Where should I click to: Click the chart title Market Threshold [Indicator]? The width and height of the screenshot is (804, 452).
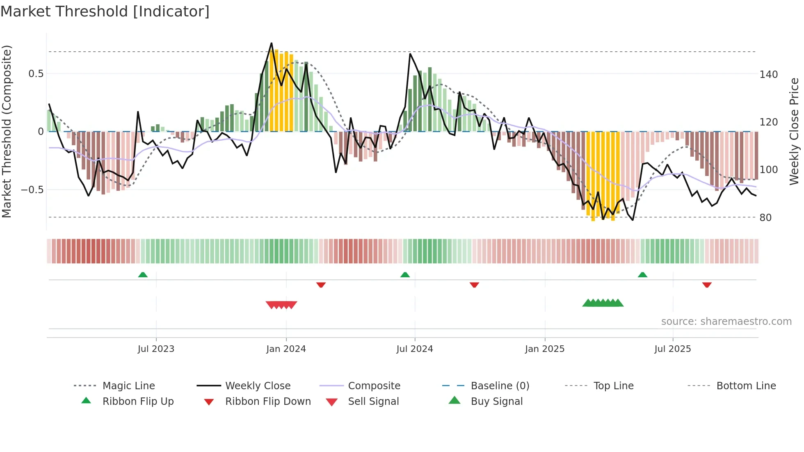(105, 11)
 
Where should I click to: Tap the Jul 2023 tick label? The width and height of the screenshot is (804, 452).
(156, 349)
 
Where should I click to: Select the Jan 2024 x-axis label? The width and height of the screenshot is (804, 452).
(286, 349)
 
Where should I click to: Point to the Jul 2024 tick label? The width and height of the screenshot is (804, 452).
(415, 349)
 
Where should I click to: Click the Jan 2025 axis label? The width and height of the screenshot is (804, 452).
(545, 349)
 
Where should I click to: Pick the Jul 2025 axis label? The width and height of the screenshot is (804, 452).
(673, 349)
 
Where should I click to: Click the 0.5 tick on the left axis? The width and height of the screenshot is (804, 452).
(36, 74)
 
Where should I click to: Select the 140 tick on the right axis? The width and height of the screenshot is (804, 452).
(768, 75)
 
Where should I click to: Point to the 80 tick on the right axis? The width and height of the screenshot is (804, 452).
(765, 218)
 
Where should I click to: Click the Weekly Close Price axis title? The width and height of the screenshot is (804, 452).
(794, 131)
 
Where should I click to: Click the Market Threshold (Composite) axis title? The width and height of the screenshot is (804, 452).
(7, 131)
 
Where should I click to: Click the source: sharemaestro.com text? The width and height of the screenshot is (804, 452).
(726, 322)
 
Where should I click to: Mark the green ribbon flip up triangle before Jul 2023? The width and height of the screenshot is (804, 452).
(143, 275)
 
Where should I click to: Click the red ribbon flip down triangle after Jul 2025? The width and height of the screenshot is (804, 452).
(707, 285)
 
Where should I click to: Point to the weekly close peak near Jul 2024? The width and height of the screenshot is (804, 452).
(410, 54)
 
